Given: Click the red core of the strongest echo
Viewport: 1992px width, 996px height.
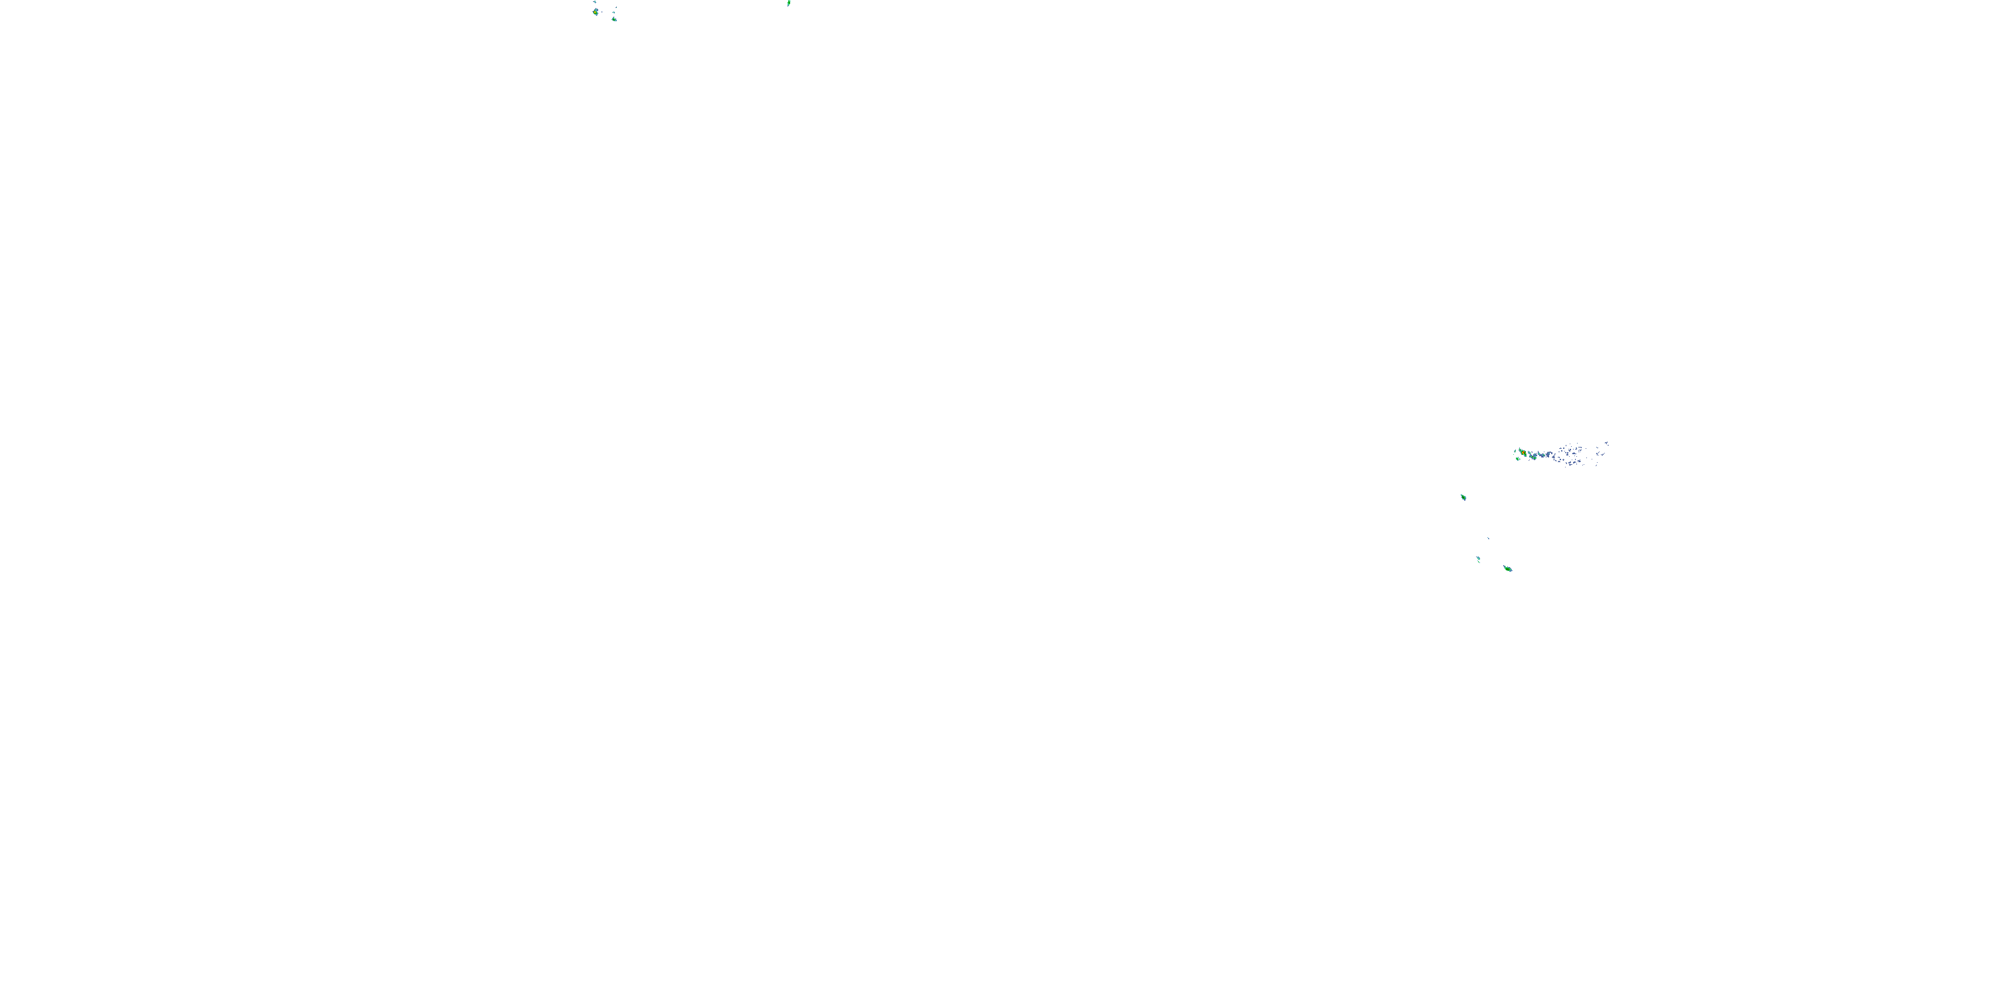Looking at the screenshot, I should point(1524,452).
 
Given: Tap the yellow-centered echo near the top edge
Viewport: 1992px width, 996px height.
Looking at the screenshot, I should point(596,13).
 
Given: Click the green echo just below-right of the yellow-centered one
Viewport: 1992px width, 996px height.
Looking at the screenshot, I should point(614,19).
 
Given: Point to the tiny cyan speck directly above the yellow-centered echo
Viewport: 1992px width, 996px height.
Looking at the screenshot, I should point(596,1).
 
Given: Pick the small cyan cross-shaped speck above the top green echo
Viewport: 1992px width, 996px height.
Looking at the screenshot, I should point(614,13).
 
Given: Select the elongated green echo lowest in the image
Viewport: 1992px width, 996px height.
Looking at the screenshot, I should point(1508,569).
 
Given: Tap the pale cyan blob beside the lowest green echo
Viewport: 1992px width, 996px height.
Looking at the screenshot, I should point(1479,558).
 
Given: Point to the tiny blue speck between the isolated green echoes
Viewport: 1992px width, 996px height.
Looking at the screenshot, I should point(1489,539).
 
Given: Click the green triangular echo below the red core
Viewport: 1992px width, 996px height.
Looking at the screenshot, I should point(1518,459).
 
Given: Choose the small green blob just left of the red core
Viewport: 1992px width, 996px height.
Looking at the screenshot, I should point(1516,452).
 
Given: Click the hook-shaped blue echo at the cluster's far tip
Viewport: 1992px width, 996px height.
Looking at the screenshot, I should point(1606,443).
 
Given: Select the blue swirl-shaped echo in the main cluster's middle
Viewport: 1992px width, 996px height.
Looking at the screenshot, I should point(1549,454).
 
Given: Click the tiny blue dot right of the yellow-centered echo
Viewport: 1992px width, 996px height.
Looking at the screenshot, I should point(602,13).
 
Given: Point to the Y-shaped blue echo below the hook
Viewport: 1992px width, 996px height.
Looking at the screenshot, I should point(1598,454).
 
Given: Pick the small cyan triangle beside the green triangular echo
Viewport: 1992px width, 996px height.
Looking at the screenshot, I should point(1521,459).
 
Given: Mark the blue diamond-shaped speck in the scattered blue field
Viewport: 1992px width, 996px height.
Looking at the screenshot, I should point(1564,460).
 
